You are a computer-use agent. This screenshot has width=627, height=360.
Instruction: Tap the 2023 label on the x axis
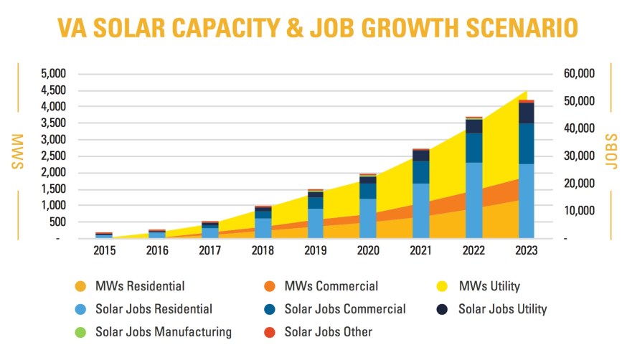pyautogui.click(x=527, y=252)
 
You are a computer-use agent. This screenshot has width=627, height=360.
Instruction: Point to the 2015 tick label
pyautogui.click(x=104, y=252)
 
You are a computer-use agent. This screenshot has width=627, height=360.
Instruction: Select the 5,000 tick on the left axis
pyautogui.click(x=52, y=74)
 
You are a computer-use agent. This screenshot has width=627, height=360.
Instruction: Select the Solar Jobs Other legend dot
pyautogui.click(x=270, y=332)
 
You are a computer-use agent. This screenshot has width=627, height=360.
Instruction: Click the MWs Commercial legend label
pyautogui.click(x=331, y=287)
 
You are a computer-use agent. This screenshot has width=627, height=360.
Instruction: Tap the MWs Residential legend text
pyautogui.click(x=141, y=287)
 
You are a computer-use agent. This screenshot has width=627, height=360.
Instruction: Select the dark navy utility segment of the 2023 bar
pyautogui.click(x=527, y=113)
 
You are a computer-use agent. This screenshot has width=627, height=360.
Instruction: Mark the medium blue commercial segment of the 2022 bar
pyautogui.click(x=474, y=147)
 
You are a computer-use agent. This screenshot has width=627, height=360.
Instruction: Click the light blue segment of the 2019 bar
pyautogui.click(x=316, y=223)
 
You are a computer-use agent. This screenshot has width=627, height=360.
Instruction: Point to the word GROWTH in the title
pyautogui.click(x=412, y=28)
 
